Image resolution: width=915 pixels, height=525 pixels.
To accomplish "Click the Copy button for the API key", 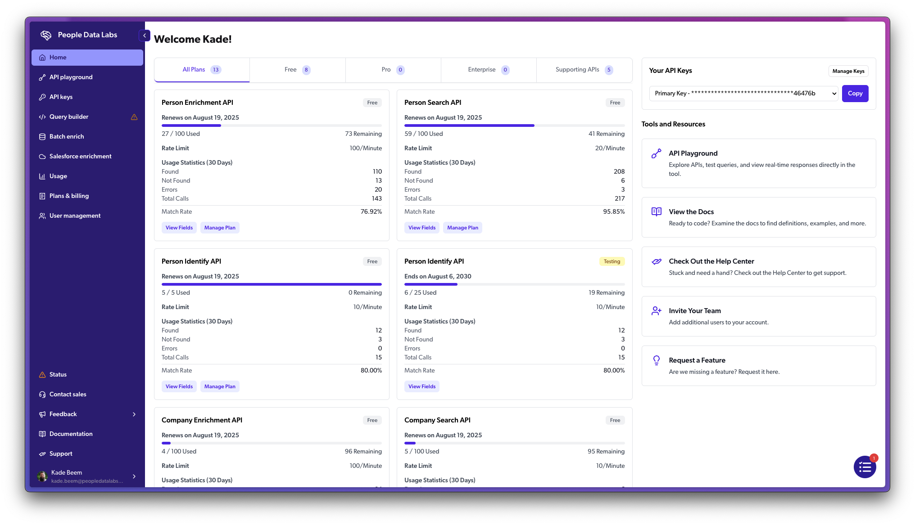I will [x=855, y=94].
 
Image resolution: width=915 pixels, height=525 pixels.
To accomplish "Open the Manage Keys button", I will [x=848, y=71].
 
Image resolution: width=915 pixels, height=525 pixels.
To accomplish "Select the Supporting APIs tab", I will [x=584, y=70].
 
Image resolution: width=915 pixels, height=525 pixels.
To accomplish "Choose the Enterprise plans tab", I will [x=488, y=70].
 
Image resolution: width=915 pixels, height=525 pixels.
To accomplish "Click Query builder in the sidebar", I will [x=69, y=117].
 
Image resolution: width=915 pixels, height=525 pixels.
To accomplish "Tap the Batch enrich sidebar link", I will [x=67, y=137].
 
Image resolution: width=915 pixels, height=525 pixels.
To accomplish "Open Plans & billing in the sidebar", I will [x=69, y=196].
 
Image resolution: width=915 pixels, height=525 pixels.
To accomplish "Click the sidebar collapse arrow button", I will [x=145, y=36].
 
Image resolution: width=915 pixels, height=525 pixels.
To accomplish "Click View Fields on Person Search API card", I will [x=421, y=228].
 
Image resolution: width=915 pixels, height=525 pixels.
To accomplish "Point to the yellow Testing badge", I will [x=612, y=261].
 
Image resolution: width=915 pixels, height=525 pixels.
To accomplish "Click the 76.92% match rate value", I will [x=371, y=212].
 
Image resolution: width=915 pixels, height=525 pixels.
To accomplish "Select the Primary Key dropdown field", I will [x=743, y=94].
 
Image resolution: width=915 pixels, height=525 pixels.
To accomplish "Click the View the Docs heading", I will [x=691, y=212].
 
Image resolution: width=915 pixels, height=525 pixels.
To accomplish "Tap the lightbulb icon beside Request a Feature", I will [x=657, y=360].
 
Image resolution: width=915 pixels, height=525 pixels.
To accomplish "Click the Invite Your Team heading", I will [x=694, y=311].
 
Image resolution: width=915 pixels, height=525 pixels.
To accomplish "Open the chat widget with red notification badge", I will [x=865, y=467].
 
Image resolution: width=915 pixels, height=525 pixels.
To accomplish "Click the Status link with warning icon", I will [x=58, y=375].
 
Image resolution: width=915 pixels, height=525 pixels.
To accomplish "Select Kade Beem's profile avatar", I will [x=42, y=476].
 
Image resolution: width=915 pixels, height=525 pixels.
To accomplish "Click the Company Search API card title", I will [x=437, y=420].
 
